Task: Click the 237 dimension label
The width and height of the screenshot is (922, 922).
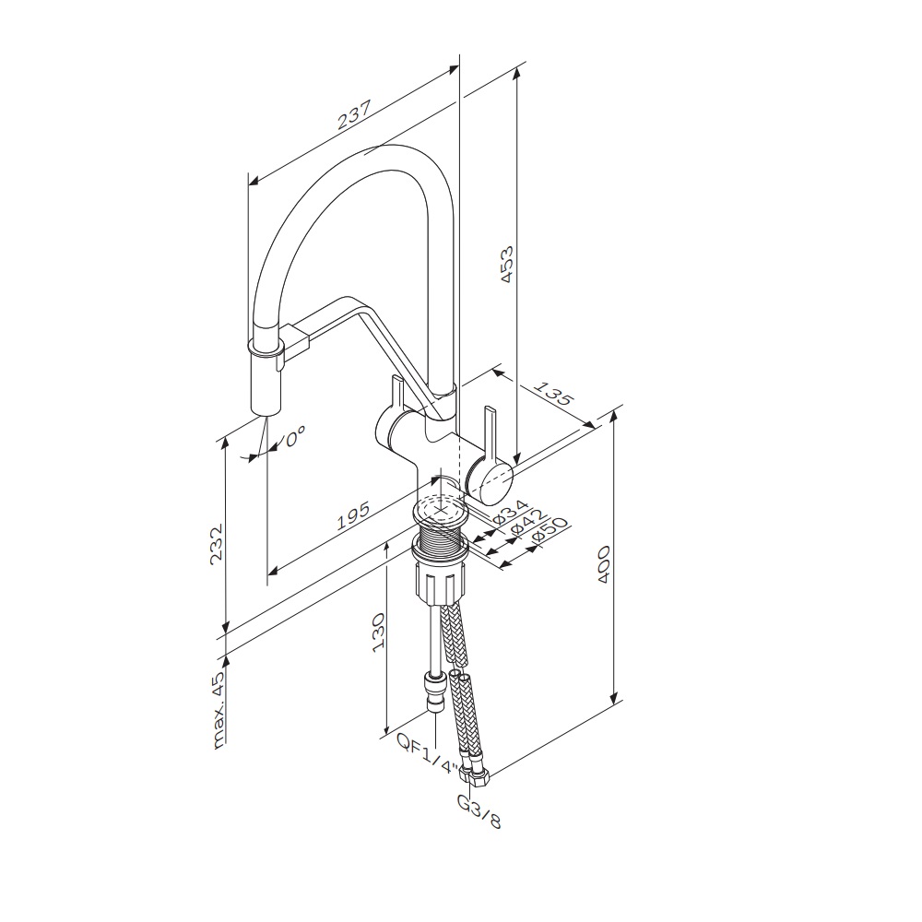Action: pos(355,114)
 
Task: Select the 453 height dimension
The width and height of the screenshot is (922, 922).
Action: pos(505,264)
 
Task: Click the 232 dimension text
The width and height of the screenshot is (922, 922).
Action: pos(217,544)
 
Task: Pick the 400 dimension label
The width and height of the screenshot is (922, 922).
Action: pos(603,564)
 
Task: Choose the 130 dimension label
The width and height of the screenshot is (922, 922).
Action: pos(377,633)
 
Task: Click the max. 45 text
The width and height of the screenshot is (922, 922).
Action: pos(218,710)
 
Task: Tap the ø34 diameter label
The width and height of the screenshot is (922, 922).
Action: pos(510,512)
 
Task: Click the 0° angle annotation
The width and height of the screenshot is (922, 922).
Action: pos(296,437)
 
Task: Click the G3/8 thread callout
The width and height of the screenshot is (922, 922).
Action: pos(479,811)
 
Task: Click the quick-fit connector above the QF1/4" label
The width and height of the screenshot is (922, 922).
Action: pos(433,694)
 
